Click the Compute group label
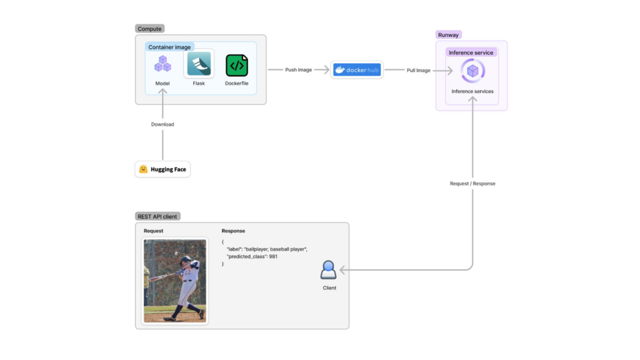pyautogui.click(x=149, y=29)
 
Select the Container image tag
pyautogui.click(x=170, y=47)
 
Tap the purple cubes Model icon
pyautogui.click(x=162, y=64)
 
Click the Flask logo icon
pyautogui.click(x=199, y=64)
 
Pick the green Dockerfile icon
pyautogui.click(x=237, y=65)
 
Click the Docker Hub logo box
pyautogui.click(x=357, y=70)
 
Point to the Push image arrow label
pyautogui.click(x=299, y=70)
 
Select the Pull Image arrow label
pyautogui.click(x=419, y=71)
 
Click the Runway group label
pyautogui.click(x=449, y=35)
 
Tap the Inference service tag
pyautogui.click(x=471, y=52)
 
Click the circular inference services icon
pyautogui.click(x=472, y=71)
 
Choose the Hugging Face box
pyautogui.click(x=162, y=169)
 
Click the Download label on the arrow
pyautogui.click(x=162, y=124)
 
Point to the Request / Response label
pyautogui.click(x=472, y=184)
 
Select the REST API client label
pyautogui.click(x=157, y=217)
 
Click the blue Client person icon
pyautogui.click(x=329, y=270)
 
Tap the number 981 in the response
pyautogui.click(x=273, y=257)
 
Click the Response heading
pyautogui.click(x=233, y=231)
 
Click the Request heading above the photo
pyautogui.click(x=154, y=231)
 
